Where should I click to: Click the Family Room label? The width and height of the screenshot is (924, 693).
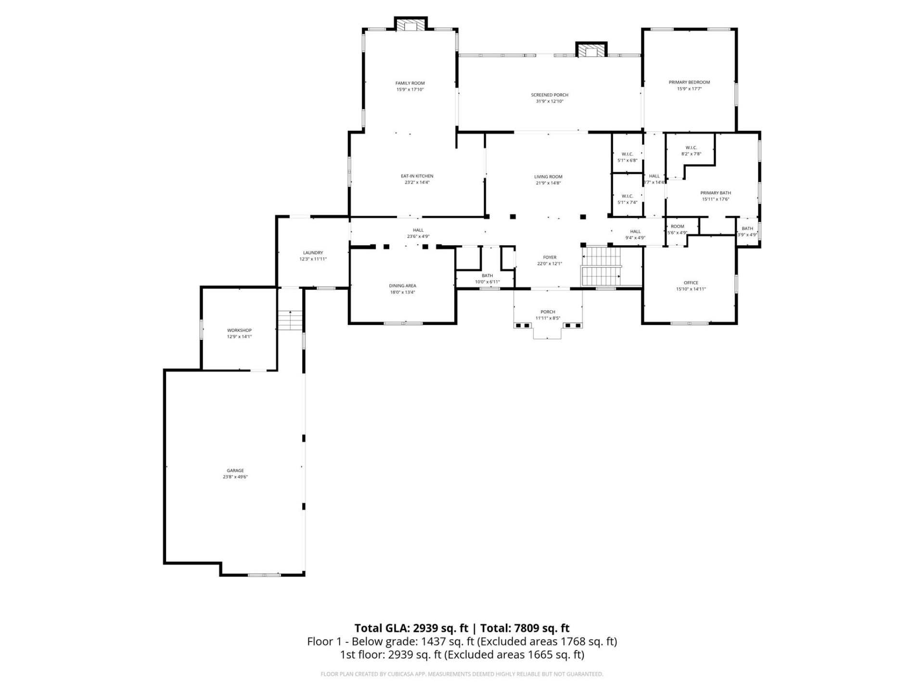coord(410,83)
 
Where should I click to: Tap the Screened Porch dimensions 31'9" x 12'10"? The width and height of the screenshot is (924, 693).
coord(550,102)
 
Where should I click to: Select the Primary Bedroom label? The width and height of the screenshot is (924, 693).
coord(689,82)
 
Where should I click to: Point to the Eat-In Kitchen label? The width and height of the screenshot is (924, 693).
coord(417,176)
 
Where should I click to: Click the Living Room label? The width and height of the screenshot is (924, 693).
coord(548,177)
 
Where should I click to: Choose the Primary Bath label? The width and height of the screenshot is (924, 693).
coord(715,193)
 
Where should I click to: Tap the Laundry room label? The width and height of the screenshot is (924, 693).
coord(313,253)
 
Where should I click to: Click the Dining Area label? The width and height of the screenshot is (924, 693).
coord(402,286)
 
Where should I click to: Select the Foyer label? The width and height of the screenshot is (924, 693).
coord(550,257)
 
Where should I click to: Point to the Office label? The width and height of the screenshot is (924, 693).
coord(691,283)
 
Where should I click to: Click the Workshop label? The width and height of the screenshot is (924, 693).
coord(239,331)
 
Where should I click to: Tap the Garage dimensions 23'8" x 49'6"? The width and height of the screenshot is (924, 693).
coord(235,477)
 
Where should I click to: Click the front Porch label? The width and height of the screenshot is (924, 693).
coord(548,312)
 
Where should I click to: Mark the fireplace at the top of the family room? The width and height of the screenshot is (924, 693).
coord(411,25)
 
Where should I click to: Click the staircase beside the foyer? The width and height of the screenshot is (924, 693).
coord(602,267)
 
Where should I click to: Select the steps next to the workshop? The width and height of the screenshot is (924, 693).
coord(290,320)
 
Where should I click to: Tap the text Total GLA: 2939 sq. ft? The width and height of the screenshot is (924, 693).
coord(411,628)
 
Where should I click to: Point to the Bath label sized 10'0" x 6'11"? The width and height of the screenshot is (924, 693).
coord(487,276)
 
